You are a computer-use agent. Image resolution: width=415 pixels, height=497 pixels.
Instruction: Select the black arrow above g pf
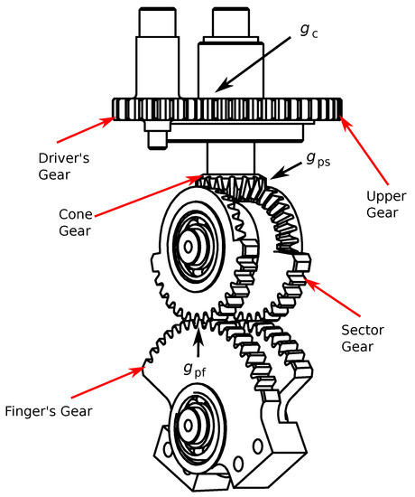pyautogui.click(x=199, y=339)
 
